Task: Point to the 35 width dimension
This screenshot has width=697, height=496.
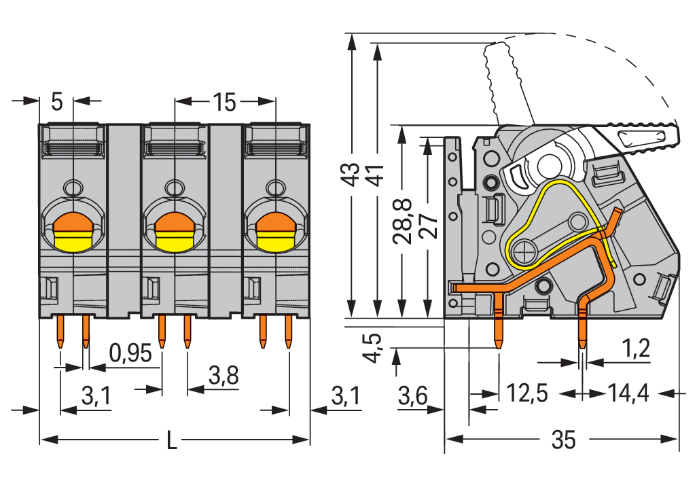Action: tap(564, 440)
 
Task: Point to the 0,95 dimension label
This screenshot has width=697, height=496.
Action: tap(130, 352)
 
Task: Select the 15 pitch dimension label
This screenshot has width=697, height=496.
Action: tap(224, 103)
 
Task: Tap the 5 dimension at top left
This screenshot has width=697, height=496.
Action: tap(56, 103)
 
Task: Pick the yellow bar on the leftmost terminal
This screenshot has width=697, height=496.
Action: tap(73, 241)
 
